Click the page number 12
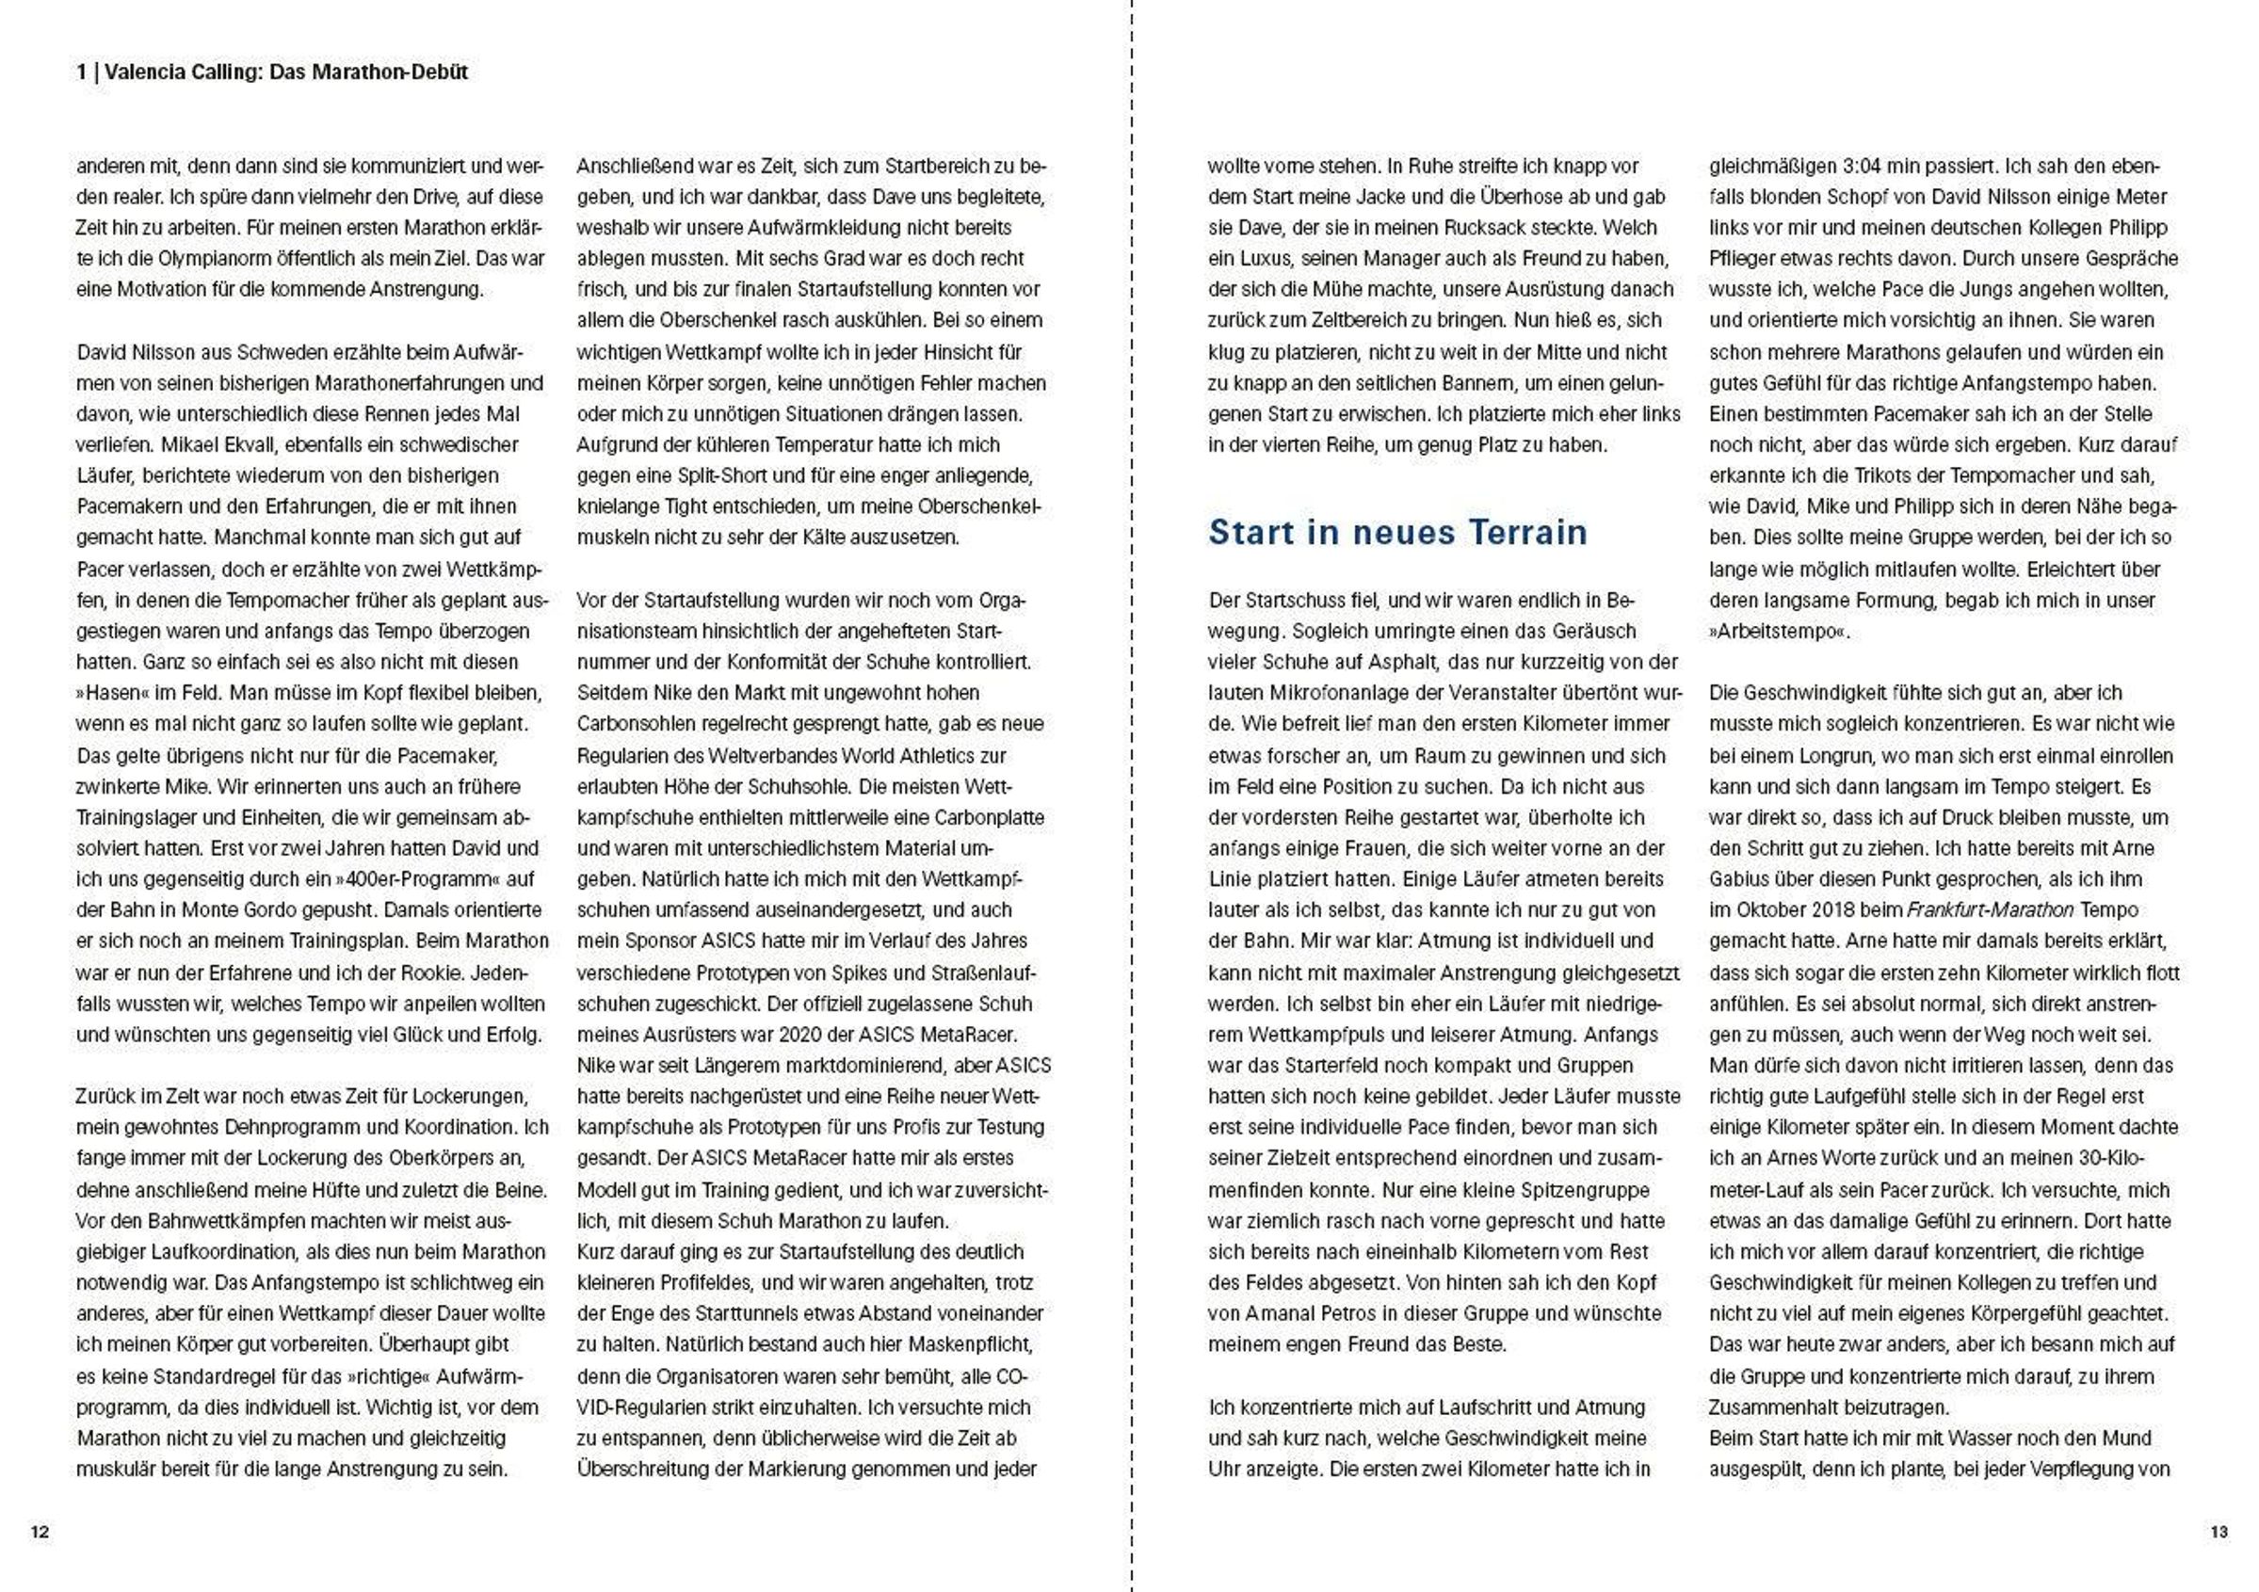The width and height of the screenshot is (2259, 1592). pyautogui.click(x=40, y=1532)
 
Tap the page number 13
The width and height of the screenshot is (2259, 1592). pyautogui.click(x=2219, y=1532)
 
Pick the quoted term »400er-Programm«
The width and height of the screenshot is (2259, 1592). pyautogui.click(x=411, y=879)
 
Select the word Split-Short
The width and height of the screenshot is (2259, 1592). pyautogui.click(x=723, y=476)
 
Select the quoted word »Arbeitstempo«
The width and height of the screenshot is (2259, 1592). pyautogui.click(x=1779, y=632)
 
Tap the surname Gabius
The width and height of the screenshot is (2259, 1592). pyautogui.click(x=1741, y=879)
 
